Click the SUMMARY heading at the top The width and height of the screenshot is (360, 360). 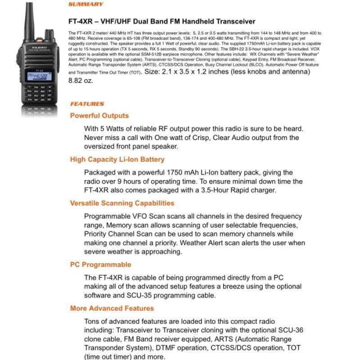coord(85,4)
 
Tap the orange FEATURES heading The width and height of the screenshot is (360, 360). coord(87,104)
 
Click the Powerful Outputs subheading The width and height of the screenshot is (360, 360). coord(99,116)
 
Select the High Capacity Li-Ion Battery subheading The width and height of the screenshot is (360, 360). coord(117,159)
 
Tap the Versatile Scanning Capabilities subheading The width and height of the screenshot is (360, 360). coord(122,203)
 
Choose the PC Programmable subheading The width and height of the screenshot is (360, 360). coord(100,265)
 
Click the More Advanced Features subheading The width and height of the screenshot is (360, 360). coord(112,308)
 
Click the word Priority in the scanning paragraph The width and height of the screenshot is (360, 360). coord(97,234)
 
